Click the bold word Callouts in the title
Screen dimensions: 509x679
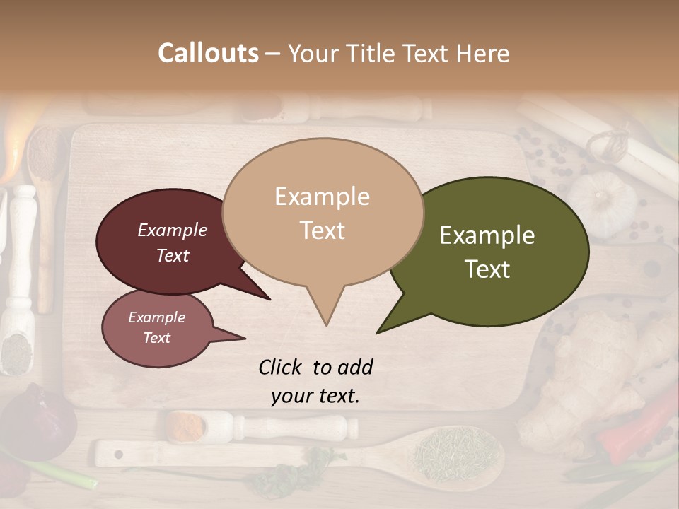(x=208, y=53)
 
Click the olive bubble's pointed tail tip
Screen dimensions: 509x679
(x=379, y=332)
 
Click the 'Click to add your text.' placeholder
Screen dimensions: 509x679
(x=315, y=381)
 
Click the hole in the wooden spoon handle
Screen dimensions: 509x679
(x=118, y=453)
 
